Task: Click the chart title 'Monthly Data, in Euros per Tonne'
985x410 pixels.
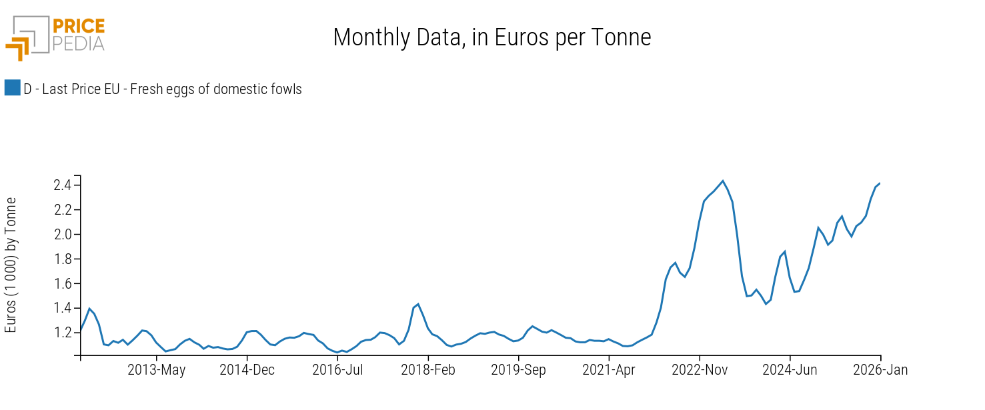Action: (x=492, y=38)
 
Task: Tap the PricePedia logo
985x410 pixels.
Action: (x=55, y=37)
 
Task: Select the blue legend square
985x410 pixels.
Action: (x=12, y=88)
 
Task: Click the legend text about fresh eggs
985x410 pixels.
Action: (x=163, y=89)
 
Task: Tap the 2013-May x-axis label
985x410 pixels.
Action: (x=156, y=371)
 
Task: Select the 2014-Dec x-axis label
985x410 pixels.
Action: (x=247, y=371)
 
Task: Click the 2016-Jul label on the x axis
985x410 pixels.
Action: (x=337, y=371)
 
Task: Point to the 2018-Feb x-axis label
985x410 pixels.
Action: (x=428, y=371)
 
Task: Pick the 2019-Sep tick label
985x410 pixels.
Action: (x=518, y=371)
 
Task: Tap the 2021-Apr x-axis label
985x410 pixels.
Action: (x=609, y=371)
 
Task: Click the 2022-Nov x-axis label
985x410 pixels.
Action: (x=700, y=371)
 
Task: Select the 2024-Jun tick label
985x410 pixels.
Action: (x=790, y=371)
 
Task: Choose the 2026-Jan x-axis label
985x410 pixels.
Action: (x=880, y=371)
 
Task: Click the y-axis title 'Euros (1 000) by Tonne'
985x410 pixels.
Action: (x=11, y=265)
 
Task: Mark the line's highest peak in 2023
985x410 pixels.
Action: (x=723, y=181)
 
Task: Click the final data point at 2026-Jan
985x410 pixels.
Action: (x=880, y=183)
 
